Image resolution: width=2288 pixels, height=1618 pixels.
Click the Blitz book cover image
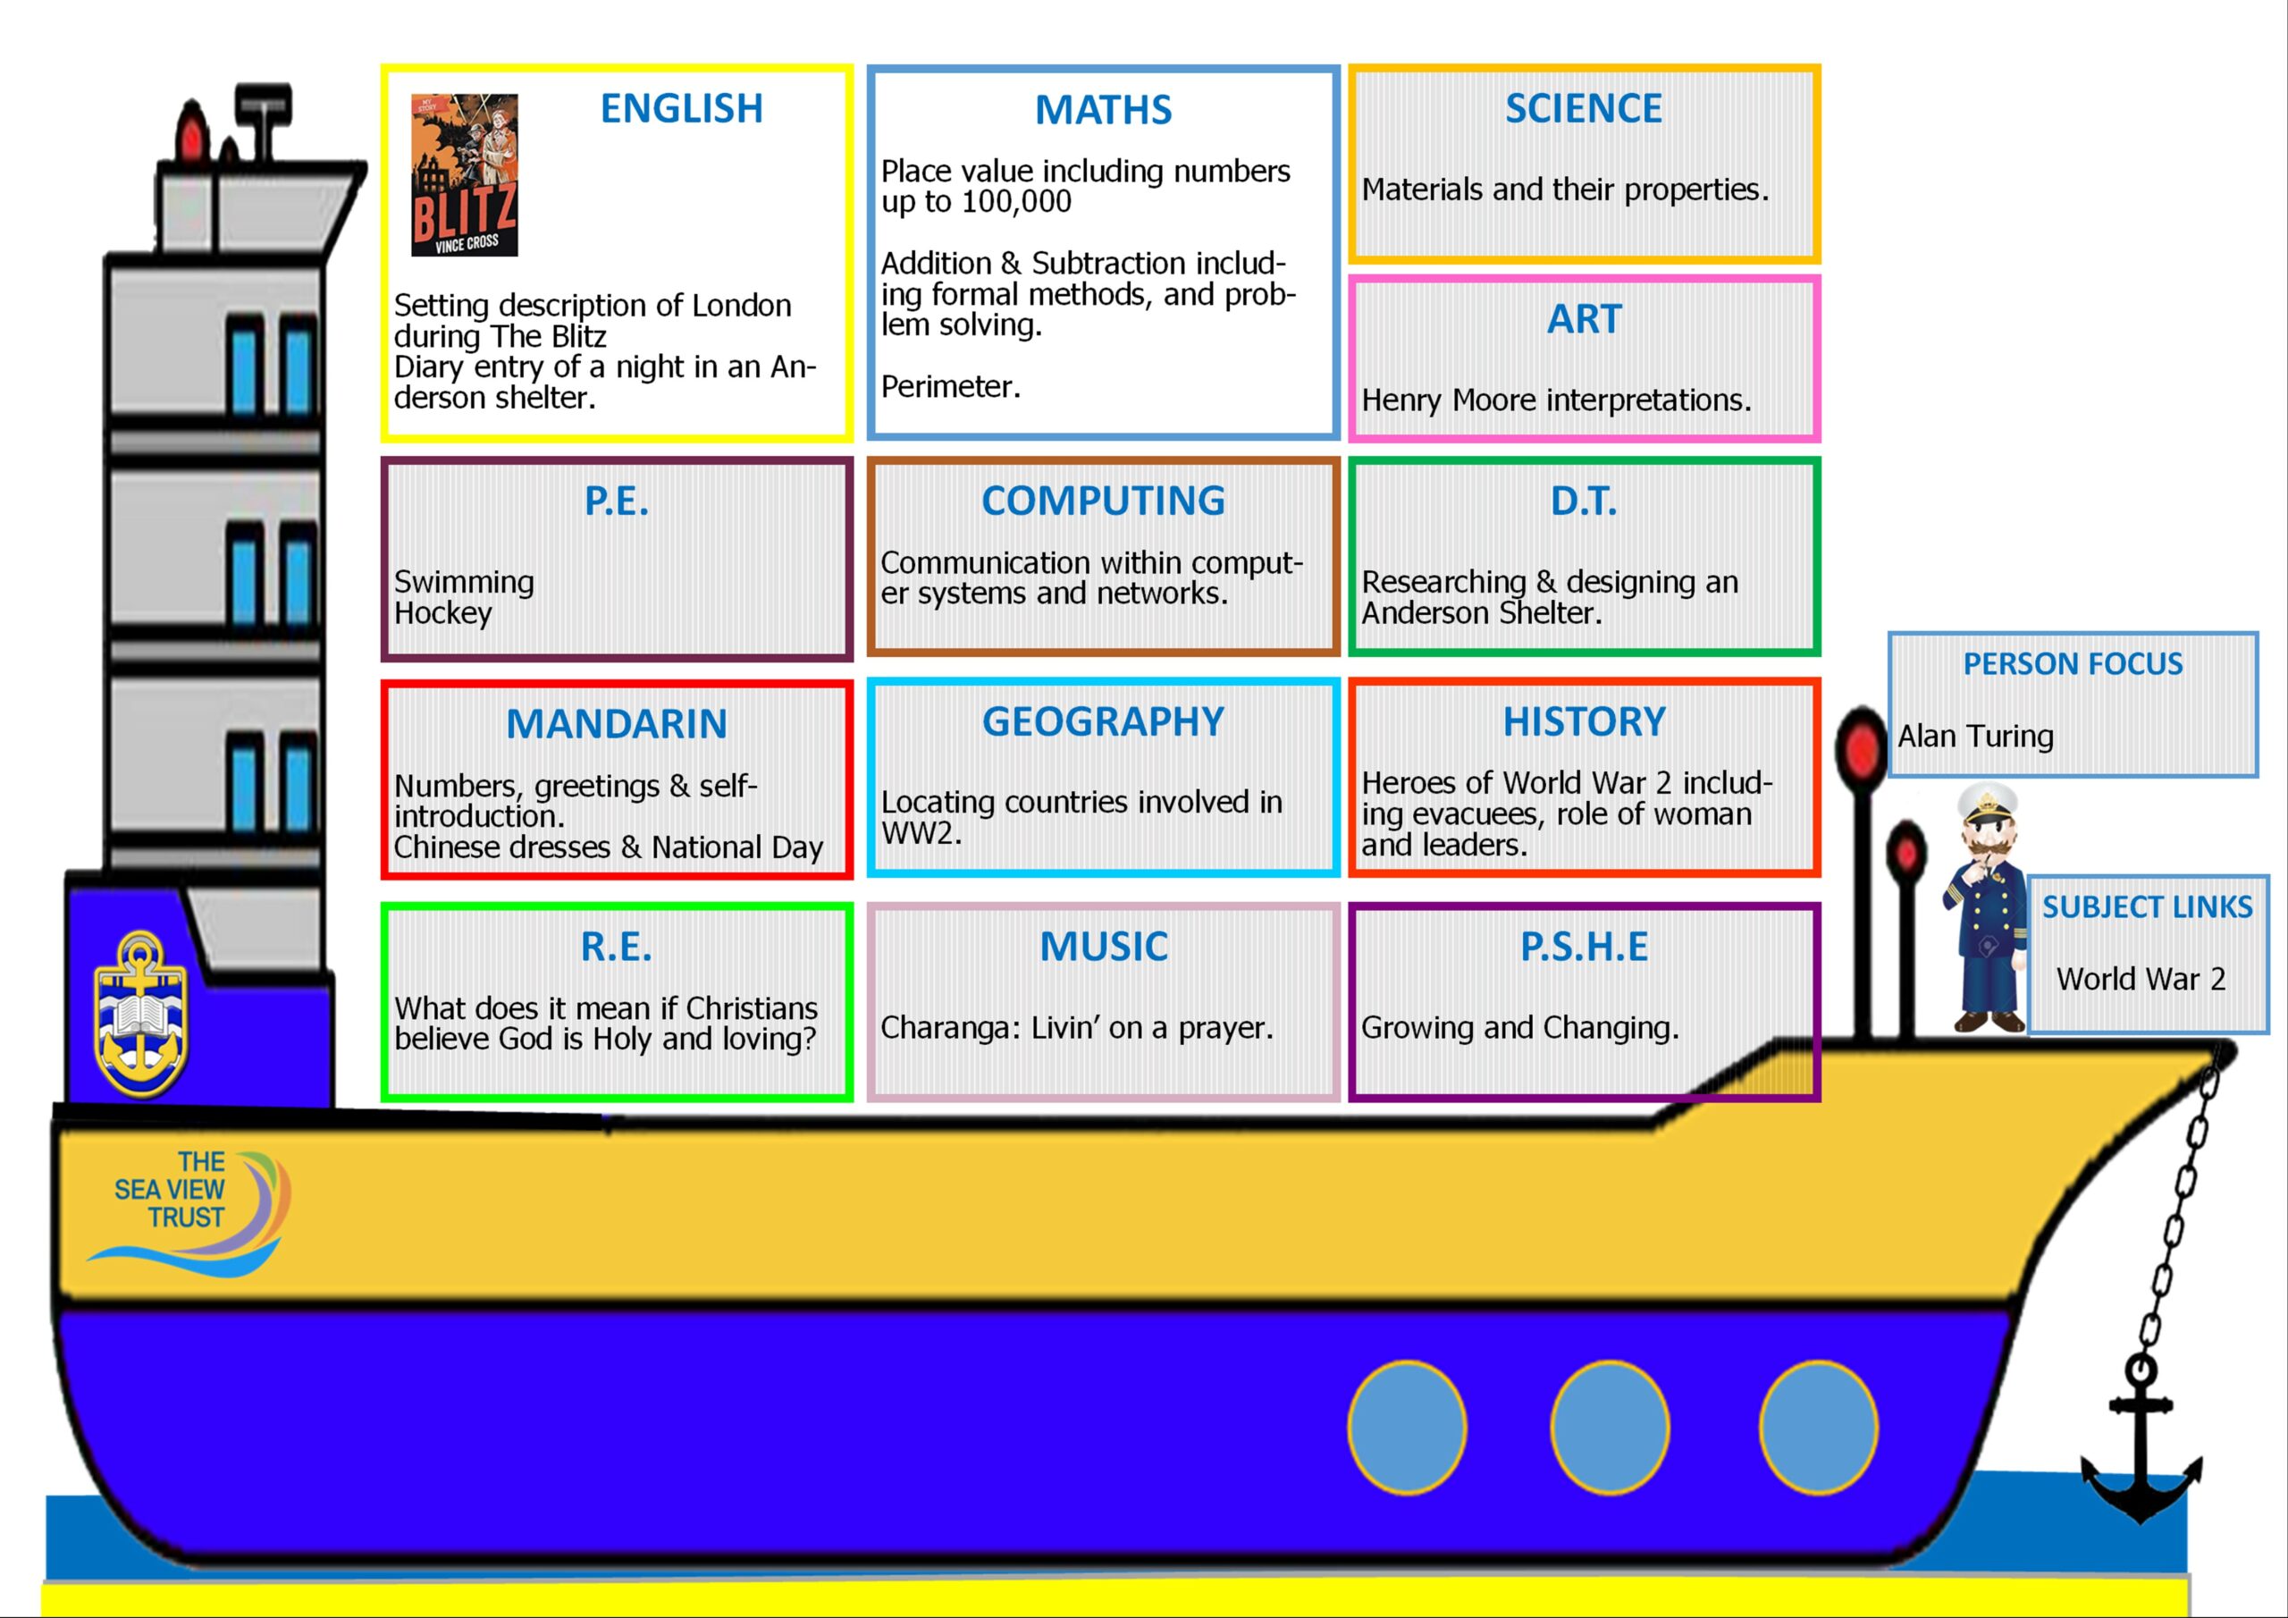click(x=465, y=174)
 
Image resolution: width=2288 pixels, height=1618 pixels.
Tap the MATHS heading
click(x=1103, y=110)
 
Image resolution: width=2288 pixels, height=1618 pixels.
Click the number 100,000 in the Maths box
click(x=1016, y=201)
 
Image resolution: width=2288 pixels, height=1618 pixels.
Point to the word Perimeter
click(x=951, y=387)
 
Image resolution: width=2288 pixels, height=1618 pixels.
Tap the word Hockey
click(x=443, y=614)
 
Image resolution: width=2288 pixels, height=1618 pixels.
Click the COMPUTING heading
click(x=1103, y=501)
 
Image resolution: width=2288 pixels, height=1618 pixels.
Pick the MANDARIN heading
click(x=617, y=725)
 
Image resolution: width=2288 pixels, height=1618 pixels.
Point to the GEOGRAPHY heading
click(x=1103, y=721)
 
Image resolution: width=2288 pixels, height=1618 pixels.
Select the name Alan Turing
click(x=1975, y=737)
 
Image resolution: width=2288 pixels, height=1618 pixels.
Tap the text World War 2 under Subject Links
click(x=2141, y=980)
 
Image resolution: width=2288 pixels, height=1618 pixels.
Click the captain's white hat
click(x=1988, y=801)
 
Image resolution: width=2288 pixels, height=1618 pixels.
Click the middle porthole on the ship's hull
click(x=1610, y=1428)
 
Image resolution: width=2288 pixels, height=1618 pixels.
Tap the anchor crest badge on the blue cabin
click(x=140, y=1013)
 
